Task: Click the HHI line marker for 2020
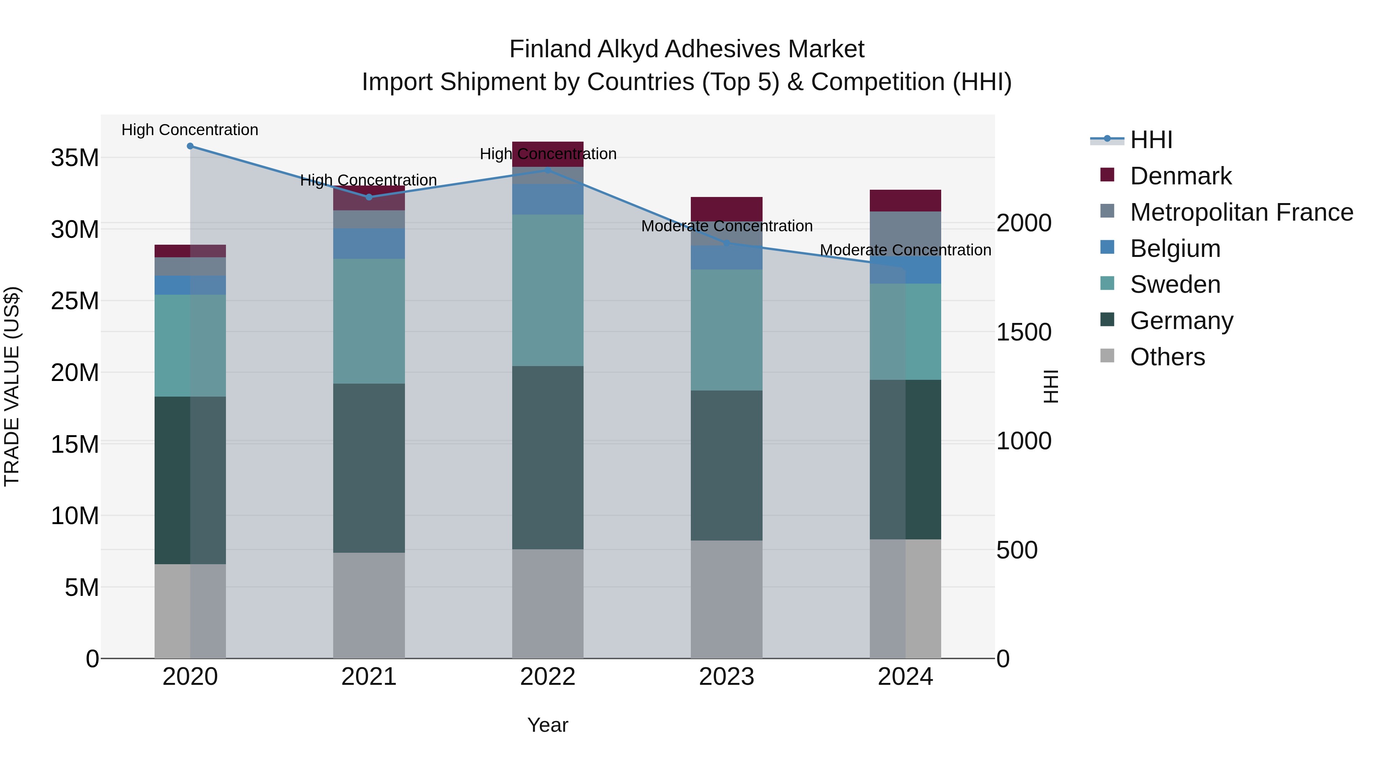190,146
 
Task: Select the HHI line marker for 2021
369,197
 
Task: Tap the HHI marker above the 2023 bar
726,243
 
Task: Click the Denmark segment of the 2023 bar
726,208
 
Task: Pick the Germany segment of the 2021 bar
369,468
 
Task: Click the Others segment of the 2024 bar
905,599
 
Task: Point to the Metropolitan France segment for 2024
905,234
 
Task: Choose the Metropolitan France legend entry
1241,212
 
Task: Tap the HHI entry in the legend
1151,140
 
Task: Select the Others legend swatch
1107,356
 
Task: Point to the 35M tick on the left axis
75,158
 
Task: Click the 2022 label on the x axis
548,677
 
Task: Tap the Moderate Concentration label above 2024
905,250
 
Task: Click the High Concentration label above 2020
190,130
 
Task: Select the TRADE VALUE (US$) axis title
12,386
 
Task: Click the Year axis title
548,725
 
